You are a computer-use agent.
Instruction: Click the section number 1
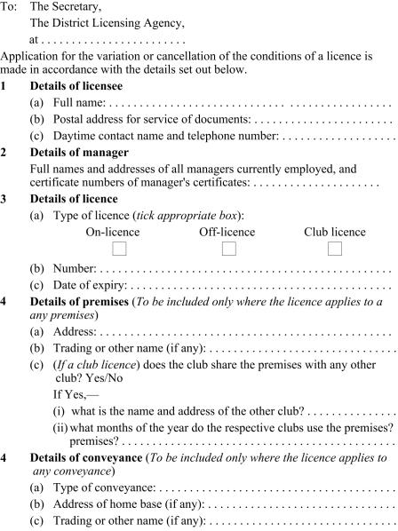coord(4,86)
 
